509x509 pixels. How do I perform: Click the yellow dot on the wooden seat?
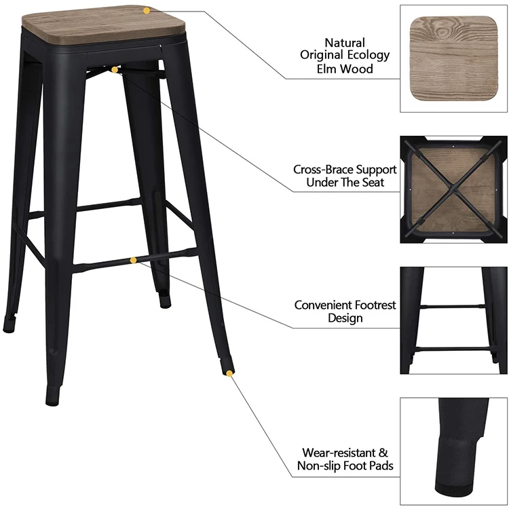(x=147, y=10)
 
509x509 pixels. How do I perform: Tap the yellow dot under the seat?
(x=115, y=69)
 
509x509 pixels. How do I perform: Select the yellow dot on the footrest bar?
(x=134, y=260)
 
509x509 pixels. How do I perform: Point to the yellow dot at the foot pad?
(x=229, y=373)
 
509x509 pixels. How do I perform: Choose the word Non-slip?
(x=322, y=466)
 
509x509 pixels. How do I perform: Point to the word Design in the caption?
(x=345, y=318)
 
